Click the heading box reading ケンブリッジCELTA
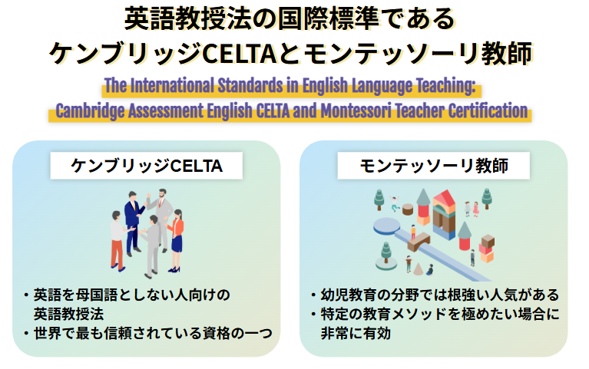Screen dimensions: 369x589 tap(146, 165)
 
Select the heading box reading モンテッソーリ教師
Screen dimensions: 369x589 tap(433, 165)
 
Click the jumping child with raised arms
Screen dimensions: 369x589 tap(395, 204)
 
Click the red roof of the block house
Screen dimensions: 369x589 tap(444, 199)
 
